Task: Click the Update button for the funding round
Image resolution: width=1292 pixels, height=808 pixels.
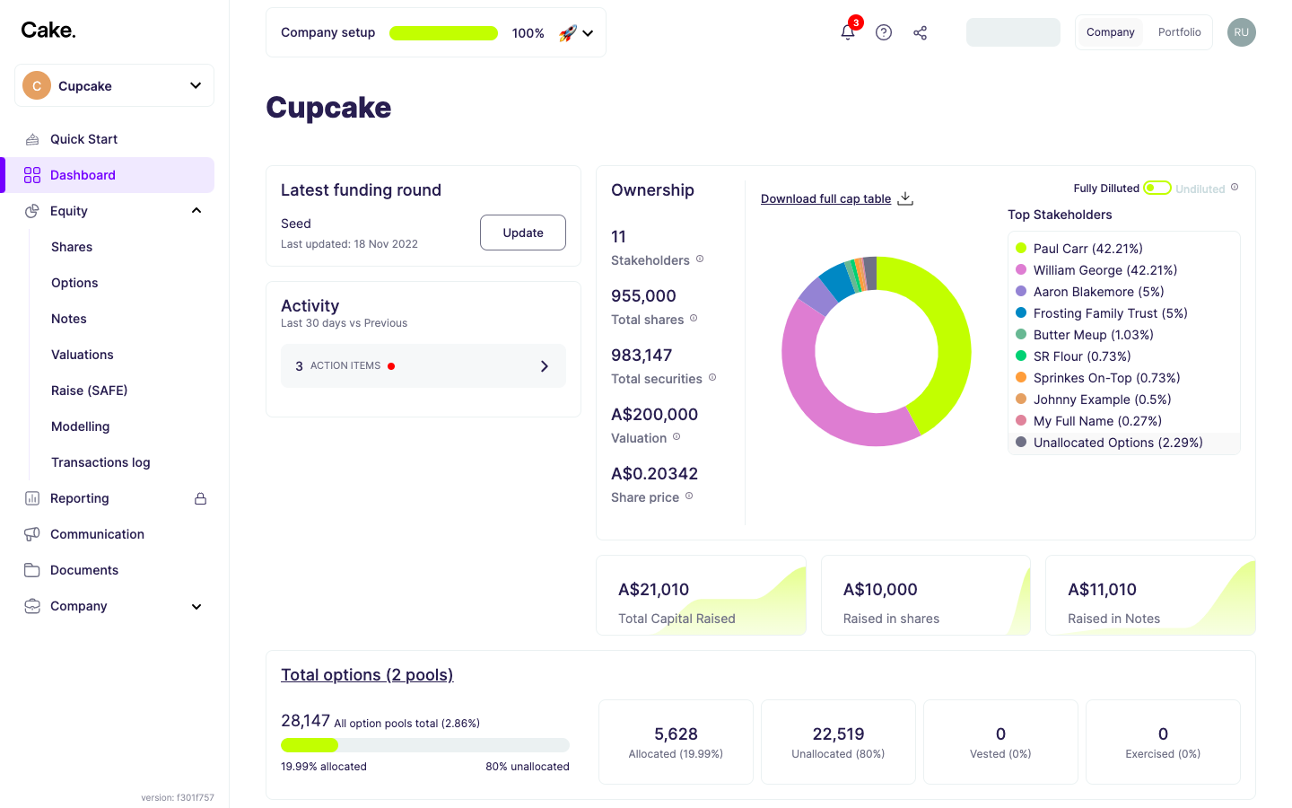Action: [522, 233]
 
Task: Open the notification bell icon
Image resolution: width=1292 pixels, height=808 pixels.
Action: [847, 32]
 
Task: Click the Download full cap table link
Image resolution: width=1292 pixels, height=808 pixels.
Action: [825, 198]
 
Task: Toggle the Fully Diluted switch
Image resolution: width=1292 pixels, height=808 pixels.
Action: [1157, 188]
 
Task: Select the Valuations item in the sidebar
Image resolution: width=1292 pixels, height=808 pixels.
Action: [83, 355]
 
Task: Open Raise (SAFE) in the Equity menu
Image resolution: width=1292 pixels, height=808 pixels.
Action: [89, 391]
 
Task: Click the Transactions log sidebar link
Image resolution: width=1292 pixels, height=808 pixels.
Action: [100, 462]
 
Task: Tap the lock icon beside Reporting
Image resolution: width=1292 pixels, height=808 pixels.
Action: [201, 498]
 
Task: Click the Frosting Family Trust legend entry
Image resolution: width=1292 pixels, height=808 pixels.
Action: [1110, 313]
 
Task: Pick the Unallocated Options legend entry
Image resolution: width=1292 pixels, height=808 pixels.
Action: [1117, 443]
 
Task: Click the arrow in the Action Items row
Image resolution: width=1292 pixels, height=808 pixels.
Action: [544, 366]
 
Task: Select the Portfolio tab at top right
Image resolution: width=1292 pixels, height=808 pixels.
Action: [1179, 32]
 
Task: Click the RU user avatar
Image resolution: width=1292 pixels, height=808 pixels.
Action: [1241, 32]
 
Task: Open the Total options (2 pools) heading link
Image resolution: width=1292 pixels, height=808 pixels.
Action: [367, 675]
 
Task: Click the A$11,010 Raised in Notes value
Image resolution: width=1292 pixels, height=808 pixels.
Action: [1102, 590]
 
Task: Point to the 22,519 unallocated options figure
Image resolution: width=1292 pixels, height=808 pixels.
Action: [838, 734]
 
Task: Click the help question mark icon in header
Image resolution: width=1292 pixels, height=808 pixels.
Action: [884, 32]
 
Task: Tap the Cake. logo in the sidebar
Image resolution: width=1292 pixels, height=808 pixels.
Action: [48, 31]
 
